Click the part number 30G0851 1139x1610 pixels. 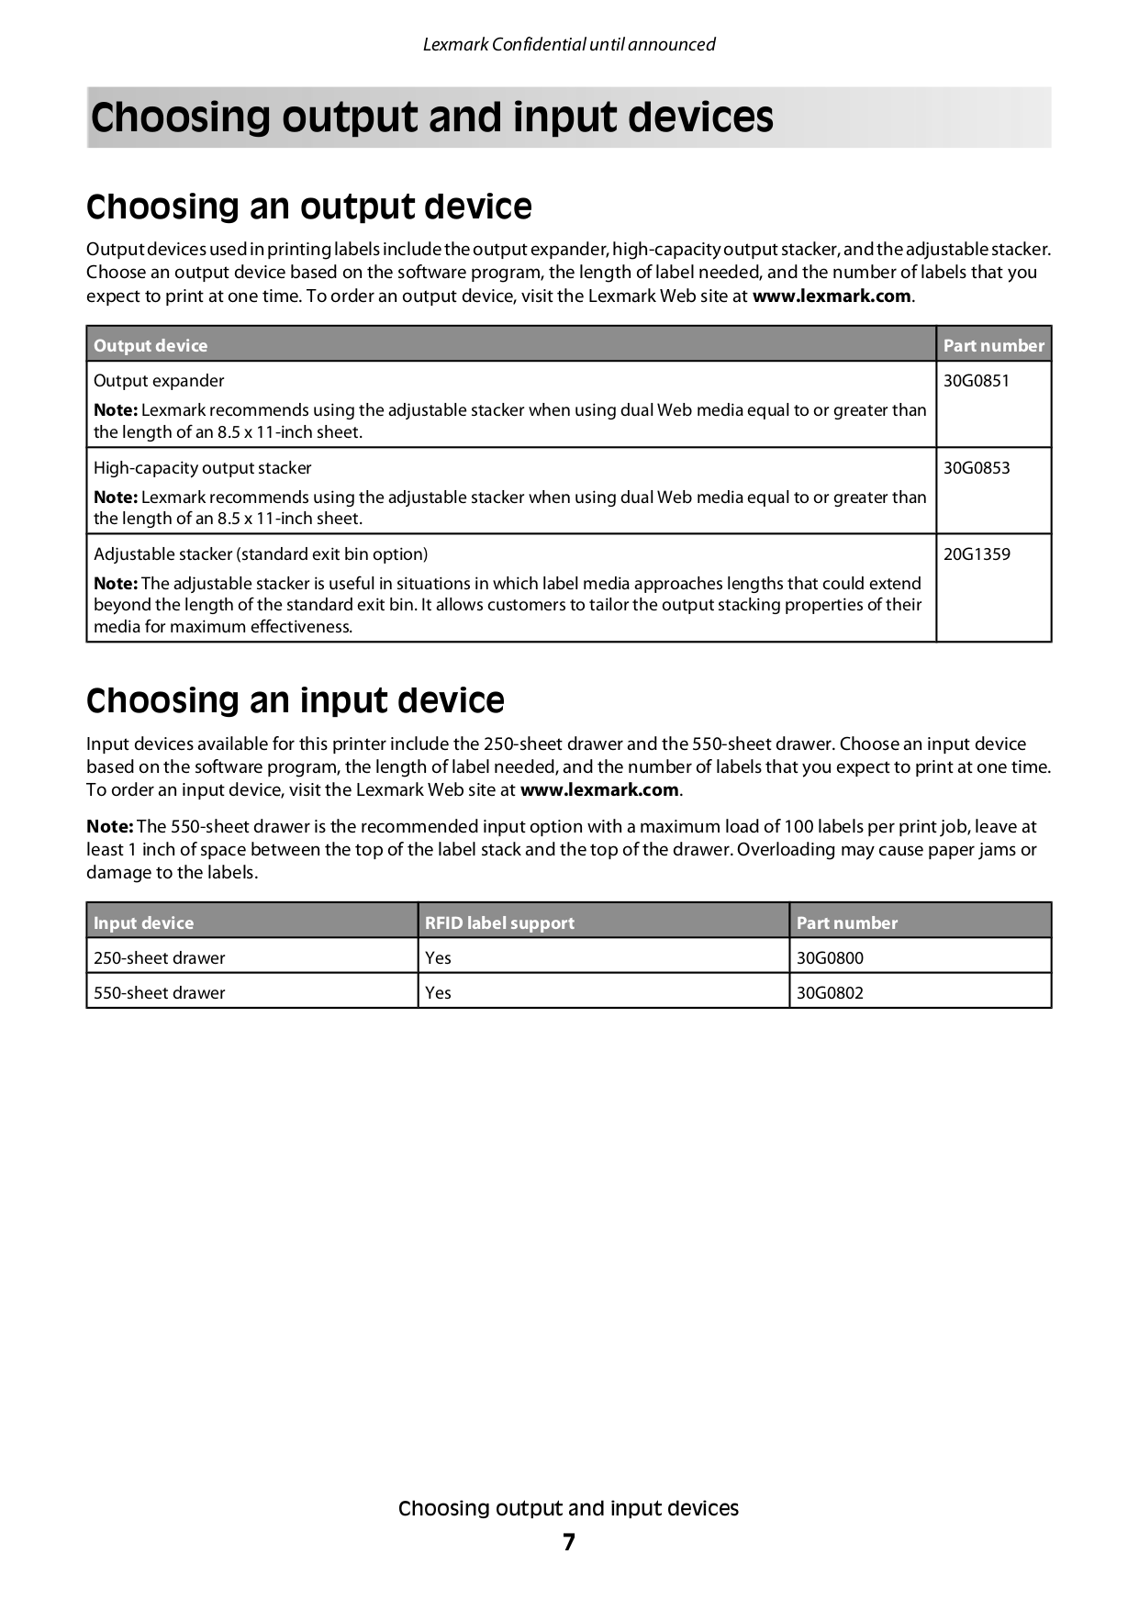pos(976,381)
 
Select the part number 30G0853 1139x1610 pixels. pos(976,468)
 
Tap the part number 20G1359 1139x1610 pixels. pos(976,554)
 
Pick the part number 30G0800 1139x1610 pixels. pos(830,958)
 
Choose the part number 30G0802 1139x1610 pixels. pos(830,993)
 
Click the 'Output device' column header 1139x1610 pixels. pos(151,346)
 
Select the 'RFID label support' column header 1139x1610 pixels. pos(499,923)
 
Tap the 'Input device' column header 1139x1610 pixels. pos(143,923)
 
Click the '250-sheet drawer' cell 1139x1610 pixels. pos(159,958)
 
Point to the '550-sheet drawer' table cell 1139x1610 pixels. pos(159,993)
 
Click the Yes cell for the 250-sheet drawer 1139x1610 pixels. pos(438,958)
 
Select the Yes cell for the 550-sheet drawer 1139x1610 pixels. pos(438,993)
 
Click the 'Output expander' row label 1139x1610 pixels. pos(159,381)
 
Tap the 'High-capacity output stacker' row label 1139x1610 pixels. pos(202,468)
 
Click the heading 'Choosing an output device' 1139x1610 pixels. pos(308,207)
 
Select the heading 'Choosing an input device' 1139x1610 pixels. pos(295,701)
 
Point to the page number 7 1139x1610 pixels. pos(569,1543)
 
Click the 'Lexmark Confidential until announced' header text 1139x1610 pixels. pos(569,44)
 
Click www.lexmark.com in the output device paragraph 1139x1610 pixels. pos(832,296)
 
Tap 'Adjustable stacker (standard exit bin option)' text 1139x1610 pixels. pos(261,554)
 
